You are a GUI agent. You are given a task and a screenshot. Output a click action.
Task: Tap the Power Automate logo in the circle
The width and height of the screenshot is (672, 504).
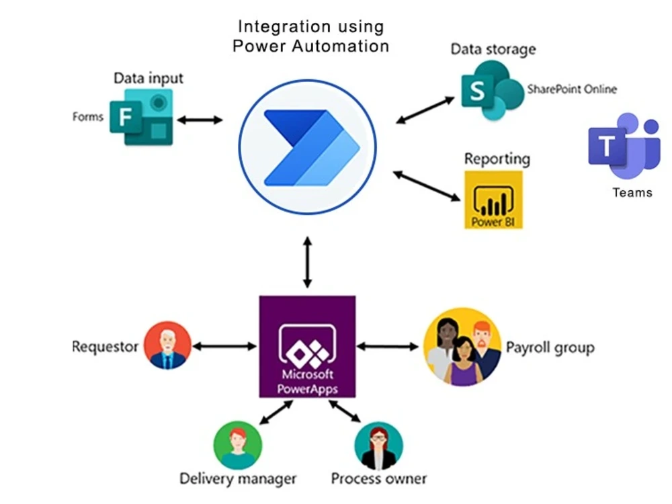(308, 147)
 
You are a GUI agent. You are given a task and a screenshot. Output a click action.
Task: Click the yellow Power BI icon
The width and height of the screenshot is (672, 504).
(493, 200)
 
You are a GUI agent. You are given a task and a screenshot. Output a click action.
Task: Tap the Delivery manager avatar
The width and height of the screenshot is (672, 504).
(237, 445)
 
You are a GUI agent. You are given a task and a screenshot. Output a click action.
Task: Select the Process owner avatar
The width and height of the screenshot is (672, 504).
(378, 446)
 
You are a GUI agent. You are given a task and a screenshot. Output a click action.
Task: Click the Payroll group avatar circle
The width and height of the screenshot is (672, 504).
(463, 346)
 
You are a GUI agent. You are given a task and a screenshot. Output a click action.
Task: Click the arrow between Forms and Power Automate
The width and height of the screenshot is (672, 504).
(199, 120)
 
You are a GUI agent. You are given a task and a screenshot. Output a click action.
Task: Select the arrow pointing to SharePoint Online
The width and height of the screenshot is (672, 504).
(425, 110)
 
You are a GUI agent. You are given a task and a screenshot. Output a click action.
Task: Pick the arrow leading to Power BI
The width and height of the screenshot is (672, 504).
(427, 186)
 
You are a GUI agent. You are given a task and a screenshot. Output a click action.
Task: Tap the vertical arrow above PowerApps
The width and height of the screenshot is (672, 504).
(307, 262)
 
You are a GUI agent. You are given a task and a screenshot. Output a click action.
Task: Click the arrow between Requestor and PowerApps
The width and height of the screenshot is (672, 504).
(224, 346)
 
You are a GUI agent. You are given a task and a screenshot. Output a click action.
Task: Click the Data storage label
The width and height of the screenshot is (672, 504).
(493, 49)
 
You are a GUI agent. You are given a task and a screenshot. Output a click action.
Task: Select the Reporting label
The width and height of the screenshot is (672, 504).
(497, 159)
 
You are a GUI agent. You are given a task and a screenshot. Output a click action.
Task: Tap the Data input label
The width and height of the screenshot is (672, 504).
(148, 78)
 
